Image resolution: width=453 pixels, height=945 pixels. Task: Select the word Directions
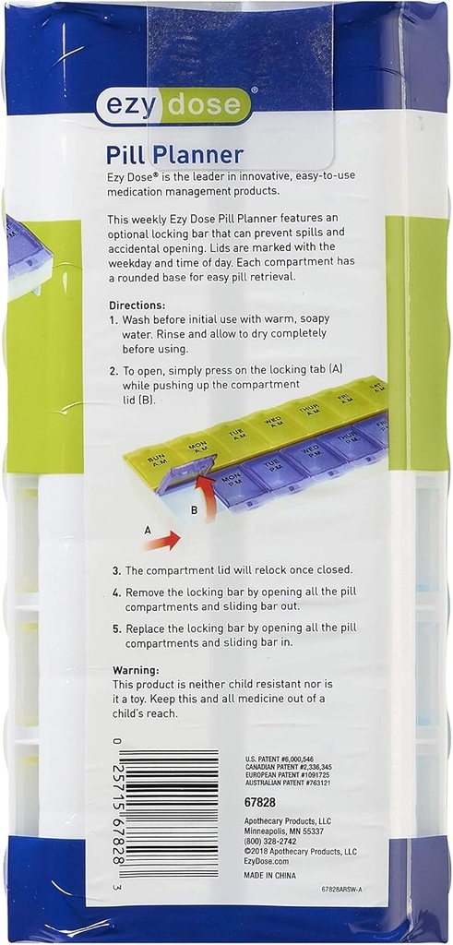coord(138,305)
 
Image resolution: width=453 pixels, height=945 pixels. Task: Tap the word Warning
coord(136,669)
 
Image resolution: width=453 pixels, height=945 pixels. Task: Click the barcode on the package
coord(173,812)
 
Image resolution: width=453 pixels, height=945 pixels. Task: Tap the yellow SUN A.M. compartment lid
coord(158,459)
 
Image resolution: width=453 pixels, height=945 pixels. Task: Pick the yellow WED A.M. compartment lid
coord(273,423)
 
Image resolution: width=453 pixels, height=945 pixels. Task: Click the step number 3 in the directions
coord(116,570)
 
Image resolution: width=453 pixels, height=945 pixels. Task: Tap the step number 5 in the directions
coord(116,629)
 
